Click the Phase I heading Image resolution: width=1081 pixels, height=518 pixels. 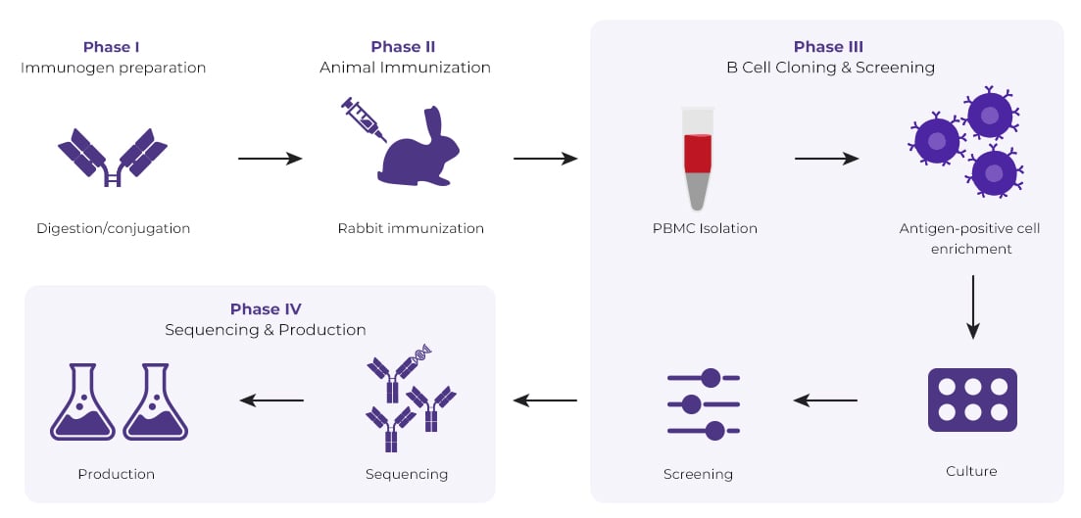click(111, 47)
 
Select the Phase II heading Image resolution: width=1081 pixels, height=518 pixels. click(403, 47)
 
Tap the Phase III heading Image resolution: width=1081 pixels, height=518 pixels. click(828, 47)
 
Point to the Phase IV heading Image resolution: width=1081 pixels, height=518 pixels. click(265, 309)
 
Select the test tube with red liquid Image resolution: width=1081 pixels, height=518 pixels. click(698, 158)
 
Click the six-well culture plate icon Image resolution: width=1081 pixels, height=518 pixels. click(971, 400)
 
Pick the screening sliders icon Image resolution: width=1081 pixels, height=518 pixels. click(703, 402)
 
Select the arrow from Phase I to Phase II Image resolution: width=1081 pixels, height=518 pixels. click(270, 158)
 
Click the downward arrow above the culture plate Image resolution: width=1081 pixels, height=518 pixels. click(972, 306)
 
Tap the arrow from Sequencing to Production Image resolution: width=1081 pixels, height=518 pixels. click(272, 400)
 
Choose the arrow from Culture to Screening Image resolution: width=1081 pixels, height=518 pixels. click(825, 400)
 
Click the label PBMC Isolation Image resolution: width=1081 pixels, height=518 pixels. click(705, 229)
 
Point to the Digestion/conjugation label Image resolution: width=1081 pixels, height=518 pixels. click(113, 229)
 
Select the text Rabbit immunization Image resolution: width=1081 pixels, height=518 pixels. click(411, 229)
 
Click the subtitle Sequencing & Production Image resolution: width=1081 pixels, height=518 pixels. click(265, 331)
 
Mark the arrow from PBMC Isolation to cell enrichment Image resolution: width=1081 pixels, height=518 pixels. click(826, 158)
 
